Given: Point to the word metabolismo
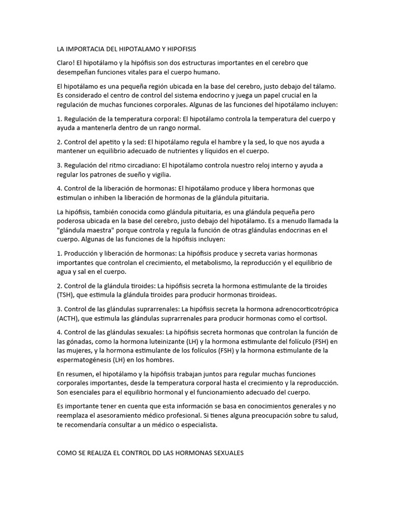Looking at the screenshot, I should (207, 263).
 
